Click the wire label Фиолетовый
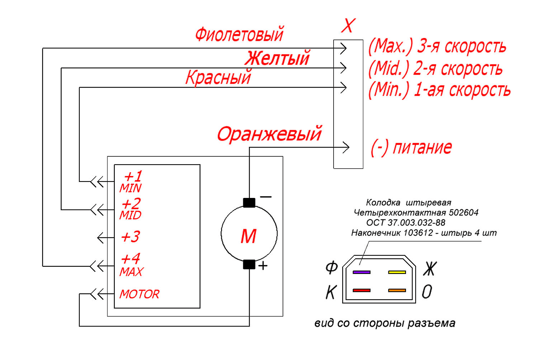[240, 34]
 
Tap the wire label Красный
[218, 77]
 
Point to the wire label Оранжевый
[269, 134]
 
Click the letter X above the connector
[348, 25]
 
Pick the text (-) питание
[411, 147]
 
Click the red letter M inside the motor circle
[248, 236]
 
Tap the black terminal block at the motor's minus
[249, 203]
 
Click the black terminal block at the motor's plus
[249, 265]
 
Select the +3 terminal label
[131, 237]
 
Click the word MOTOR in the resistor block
[139, 294]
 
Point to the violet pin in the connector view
[362, 273]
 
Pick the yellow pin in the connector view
[397, 273]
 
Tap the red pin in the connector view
[362, 290]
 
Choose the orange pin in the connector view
[397, 290]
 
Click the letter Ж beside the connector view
[430, 269]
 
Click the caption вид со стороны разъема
[385, 323]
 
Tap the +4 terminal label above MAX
[131, 259]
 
